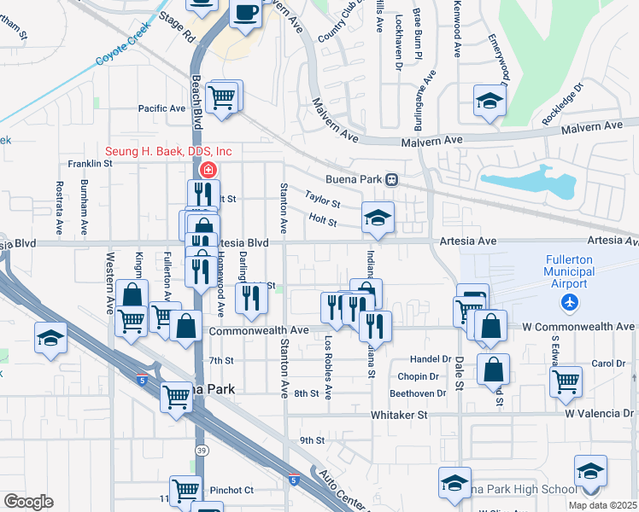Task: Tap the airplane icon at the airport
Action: tap(570, 302)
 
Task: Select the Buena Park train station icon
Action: tap(392, 179)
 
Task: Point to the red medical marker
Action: tap(208, 170)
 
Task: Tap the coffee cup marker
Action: tap(246, 14)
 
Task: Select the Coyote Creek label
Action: tap(122, 44)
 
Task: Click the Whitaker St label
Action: tap(398, 415)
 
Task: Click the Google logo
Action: tap(28, 502)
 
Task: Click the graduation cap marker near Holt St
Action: tap(377, 217)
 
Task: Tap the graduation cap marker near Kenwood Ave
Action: tap(490, 101)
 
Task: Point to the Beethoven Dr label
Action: tap(418, 393)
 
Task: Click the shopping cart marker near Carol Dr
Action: tap(566, 382)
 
